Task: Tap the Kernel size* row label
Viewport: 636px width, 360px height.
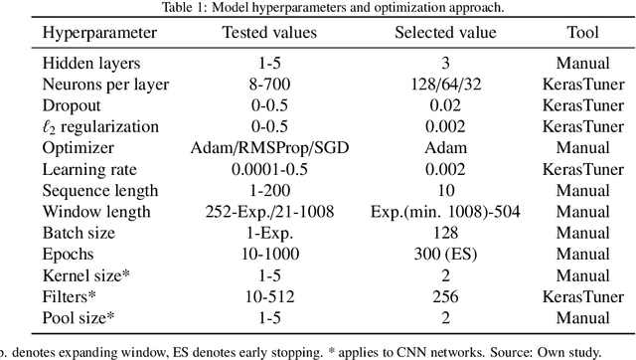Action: pyautogui.click(x=82, y=276)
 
